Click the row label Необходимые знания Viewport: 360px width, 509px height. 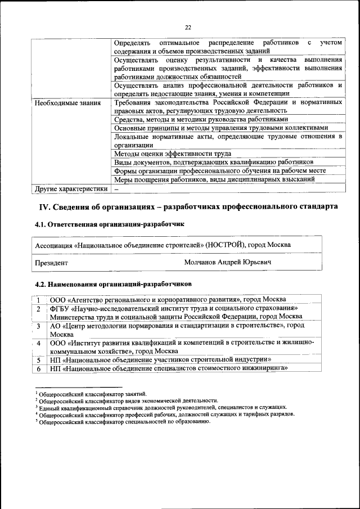(67, 103)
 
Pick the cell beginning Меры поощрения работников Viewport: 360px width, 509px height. (214, 179)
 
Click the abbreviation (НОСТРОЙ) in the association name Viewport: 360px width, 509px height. (225, 245)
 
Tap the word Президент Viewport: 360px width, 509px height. (52, 263)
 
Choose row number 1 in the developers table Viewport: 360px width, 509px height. (39, 299)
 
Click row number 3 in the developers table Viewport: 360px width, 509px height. (39, 326)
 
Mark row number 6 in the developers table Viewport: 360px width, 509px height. (39, 369)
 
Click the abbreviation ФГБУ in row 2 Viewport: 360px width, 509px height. (60, 308)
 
